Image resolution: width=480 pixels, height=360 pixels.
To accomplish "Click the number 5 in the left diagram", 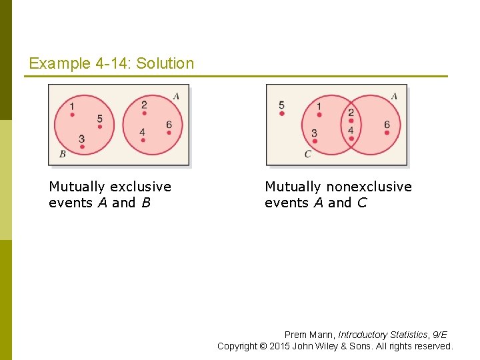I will (99, 119).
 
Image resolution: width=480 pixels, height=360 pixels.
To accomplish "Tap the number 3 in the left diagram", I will (81, 139).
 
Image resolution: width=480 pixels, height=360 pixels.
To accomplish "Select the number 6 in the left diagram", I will (169, 125).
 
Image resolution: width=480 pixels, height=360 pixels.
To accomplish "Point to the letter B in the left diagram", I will (62, 154).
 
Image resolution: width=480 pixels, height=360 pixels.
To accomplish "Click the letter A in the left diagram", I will (176, 96).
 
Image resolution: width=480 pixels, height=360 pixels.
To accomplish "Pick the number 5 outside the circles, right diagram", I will (281, 105).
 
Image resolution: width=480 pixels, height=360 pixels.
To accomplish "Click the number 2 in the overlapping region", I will (351, 113).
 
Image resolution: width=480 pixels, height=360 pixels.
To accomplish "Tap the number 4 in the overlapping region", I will (351, 129).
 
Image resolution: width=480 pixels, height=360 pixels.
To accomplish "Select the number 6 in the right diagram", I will (387, 125).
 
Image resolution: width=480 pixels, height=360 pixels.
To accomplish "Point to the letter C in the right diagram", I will (307, 154).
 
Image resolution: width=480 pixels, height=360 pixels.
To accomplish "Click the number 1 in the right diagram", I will (319, 106).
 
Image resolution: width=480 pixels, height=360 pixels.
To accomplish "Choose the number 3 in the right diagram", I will (314, 133).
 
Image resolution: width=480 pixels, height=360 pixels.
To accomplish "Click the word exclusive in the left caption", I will (139, 187).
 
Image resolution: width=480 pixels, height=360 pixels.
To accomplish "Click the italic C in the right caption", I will (362, 203).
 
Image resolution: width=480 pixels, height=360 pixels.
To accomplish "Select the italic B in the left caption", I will (146, 203).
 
